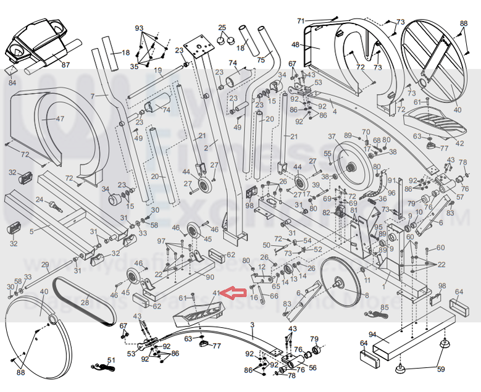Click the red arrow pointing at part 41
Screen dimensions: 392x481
point(234,293)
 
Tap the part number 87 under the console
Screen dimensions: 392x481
point(65,65)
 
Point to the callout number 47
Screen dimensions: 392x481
point(60,118)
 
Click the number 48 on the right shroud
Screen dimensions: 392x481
point(295,44)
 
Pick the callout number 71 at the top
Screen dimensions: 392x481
point(301,21)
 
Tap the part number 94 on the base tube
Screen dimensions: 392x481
point(372,335)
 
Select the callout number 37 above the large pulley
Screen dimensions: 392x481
point(332,136)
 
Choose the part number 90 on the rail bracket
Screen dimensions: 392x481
point(210,277)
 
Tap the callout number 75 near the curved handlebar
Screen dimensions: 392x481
point(261,60)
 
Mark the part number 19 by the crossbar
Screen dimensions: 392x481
point(157,70)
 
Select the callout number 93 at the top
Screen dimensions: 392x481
point(139,28)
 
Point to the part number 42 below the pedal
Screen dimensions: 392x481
point(459,143)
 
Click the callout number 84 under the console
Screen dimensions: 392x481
point(12,82)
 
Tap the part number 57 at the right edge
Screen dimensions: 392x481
point(459,197)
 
